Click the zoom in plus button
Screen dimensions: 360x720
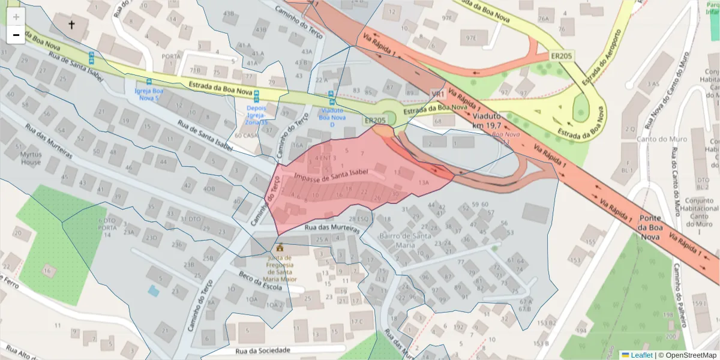pos(16,17)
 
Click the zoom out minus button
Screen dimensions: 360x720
pos(16,35)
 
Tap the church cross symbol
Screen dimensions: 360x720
pos(72,25)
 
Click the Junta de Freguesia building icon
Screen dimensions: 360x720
pos(280,247)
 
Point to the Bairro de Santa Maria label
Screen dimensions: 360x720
pos(405,240)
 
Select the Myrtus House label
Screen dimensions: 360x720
pos(31,158)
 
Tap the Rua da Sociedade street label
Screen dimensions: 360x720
pos(263,350)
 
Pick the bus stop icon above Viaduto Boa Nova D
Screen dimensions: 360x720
pos(331,94)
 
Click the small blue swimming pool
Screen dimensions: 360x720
pos(154,291)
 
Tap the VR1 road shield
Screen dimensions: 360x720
pos(437,94)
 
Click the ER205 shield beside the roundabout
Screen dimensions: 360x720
pos(375,121)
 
